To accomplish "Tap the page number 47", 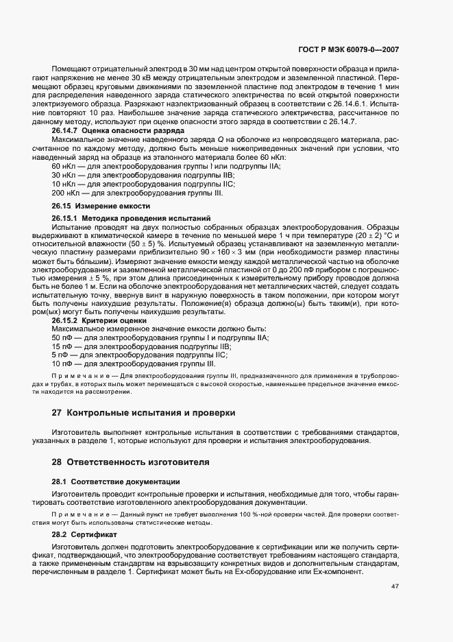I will [395, 586].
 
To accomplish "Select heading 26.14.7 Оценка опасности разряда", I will [108, 130].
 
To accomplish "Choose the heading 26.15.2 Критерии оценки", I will [99, 320].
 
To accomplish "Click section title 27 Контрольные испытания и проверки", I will [143, 413].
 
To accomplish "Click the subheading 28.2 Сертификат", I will [85, 533].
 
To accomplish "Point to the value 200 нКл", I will [64, 193].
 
